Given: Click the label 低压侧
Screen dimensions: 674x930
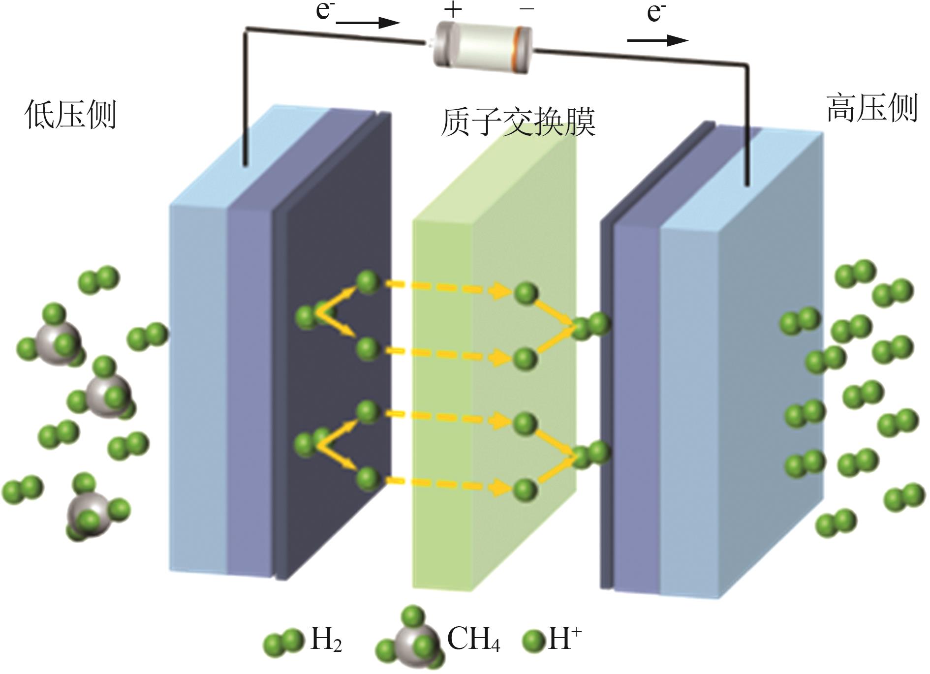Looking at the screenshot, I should pyautogui.click(x=70, y=115).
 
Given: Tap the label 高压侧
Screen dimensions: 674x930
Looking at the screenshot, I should pyautogui.click(x=871, y=109).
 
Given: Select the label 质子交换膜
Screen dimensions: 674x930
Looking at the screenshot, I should pyautogui.click(x=518, y=122).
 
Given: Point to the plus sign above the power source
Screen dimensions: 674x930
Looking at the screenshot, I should pyautogui.click(x=453, y=10).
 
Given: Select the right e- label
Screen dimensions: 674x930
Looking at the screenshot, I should pyautogui.click(x=656, y=12).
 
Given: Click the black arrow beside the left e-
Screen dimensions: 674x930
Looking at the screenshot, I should pyautogui.click(x=368, y=23).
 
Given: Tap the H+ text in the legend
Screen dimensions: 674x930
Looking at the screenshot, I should pyautogui.click(x=564, y=639).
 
